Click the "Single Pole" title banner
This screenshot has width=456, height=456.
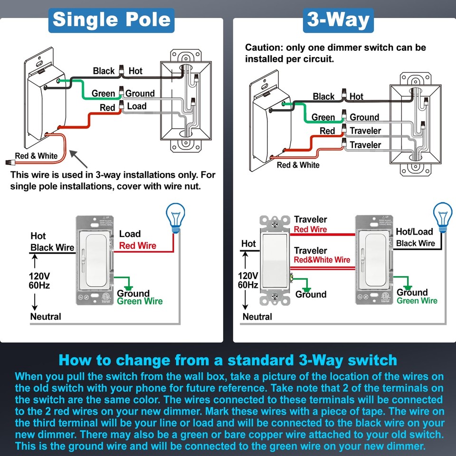point(111,19)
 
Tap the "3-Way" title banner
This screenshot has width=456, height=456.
point(338,20)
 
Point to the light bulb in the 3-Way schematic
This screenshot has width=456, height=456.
point(443,218)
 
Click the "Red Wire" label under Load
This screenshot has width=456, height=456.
point(138,246)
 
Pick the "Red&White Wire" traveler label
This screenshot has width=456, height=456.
point(322,260)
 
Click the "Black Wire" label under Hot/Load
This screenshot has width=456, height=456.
point(416,243)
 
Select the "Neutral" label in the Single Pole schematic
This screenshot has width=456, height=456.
point(46,316)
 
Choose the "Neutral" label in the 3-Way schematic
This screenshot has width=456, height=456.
point(257,317)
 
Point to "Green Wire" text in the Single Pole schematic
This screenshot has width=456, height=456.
point(140,301)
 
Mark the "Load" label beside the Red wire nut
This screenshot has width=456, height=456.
point(137,106)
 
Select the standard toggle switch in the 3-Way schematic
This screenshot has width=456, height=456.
point(275,261)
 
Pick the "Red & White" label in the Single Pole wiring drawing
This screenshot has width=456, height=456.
point(36,156)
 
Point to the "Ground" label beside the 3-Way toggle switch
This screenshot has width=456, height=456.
point(311,294)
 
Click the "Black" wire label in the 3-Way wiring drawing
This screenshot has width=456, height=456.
point(323,97)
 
